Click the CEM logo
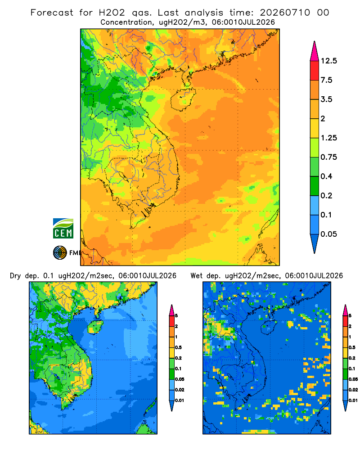point(63,228)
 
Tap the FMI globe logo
point(60,252)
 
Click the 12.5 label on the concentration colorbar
point(329,61)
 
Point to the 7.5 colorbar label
point(326,80)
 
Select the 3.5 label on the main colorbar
point(326,99)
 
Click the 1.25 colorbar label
point(329,138)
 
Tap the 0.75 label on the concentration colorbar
point(329,157)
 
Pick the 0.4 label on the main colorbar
point(326,176)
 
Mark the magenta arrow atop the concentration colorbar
point(315,51)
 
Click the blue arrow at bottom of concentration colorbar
point(315,243)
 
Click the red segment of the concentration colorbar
point(315,71)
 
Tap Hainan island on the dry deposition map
point(95,327)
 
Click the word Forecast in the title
point(52,13)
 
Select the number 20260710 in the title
point(285,13)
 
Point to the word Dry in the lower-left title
point(15,276)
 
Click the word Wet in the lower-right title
point(196,276)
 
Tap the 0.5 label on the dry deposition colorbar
point(178,347)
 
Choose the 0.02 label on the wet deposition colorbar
point(353,390)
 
